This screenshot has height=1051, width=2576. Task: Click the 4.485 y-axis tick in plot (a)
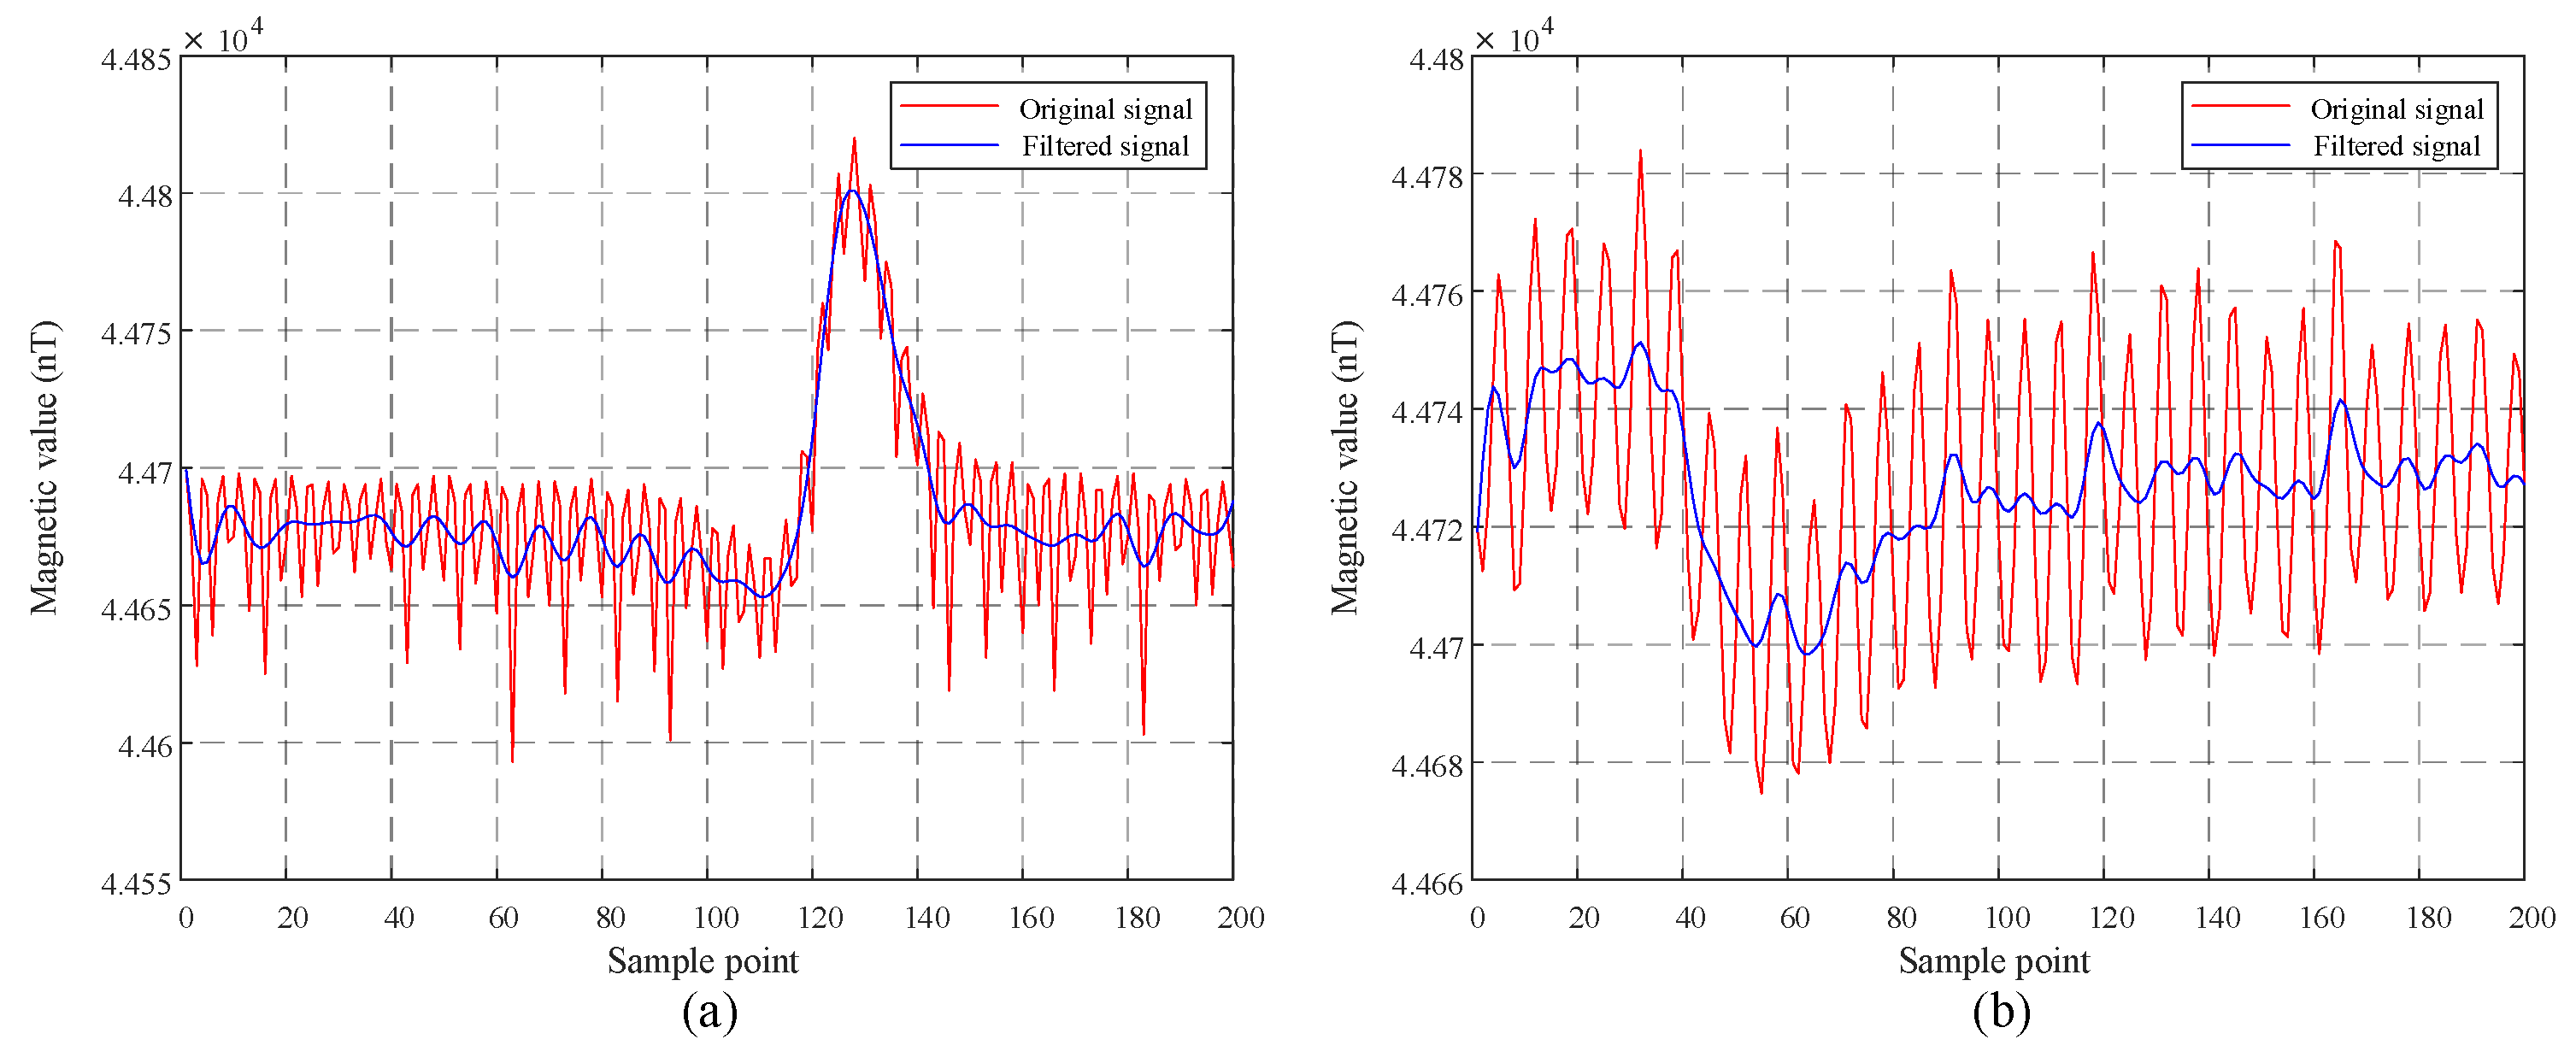tap(136, 59)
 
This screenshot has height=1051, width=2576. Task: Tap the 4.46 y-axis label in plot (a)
tap(145, 746)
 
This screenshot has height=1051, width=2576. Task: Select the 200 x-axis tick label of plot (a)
tap(1241, 917)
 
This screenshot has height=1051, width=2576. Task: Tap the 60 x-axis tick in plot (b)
tap(1795, 917)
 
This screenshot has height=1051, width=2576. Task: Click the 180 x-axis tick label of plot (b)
tap(2429, 917)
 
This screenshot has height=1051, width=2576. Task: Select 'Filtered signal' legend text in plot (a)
tap(1105, 146)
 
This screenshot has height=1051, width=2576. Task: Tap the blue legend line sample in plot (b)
tap(2240, 146)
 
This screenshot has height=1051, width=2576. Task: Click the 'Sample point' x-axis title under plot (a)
tap(703, 961)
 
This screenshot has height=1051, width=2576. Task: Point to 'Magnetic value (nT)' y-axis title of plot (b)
tap(1345, 467)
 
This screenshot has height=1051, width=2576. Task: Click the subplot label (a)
tap(710, 1011)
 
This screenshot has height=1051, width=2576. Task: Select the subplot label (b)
tap(2002, 1011)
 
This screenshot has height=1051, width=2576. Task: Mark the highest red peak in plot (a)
tap(854, 140)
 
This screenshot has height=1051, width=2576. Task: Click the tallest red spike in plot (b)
tap(1640, 151)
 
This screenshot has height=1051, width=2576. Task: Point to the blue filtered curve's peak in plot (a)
tap(851, 191)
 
